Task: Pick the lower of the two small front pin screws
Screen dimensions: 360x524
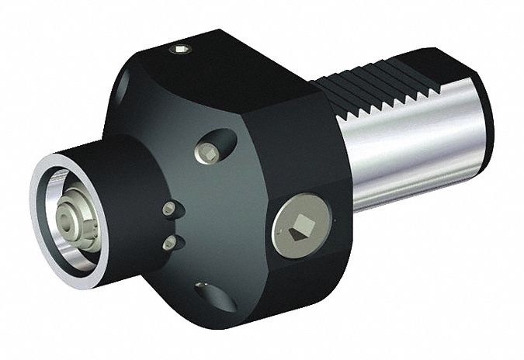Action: point(168,243)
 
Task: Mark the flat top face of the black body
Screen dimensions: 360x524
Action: point(233,70)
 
